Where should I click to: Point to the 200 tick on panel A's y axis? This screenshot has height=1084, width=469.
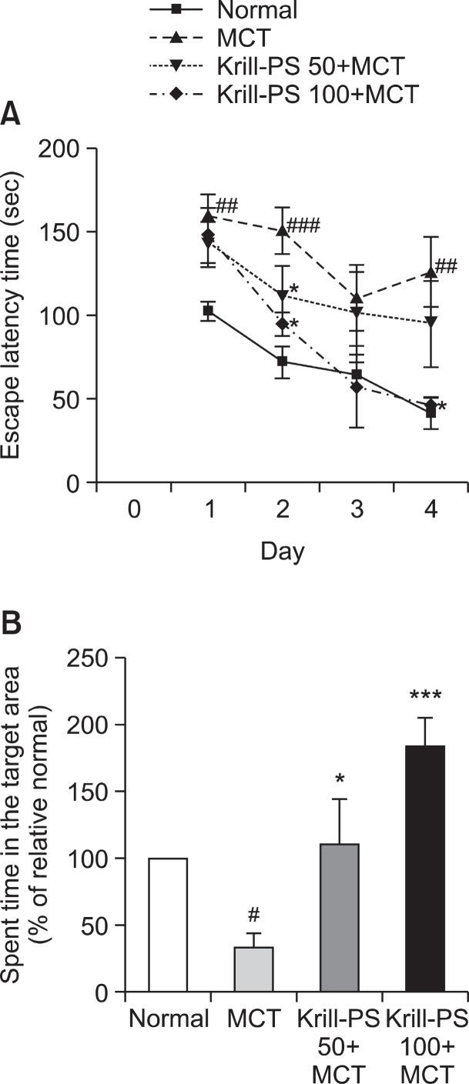(x=64, y=148)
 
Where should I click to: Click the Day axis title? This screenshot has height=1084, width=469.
(x=282, y=551)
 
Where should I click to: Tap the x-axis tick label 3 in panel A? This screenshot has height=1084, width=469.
(x=357, y=510)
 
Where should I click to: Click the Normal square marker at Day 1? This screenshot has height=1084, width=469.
(x=208, y=311)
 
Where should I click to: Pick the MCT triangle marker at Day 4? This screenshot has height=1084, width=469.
(x=432, y=273)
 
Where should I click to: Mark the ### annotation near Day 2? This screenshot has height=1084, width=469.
(x=303, y=225)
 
